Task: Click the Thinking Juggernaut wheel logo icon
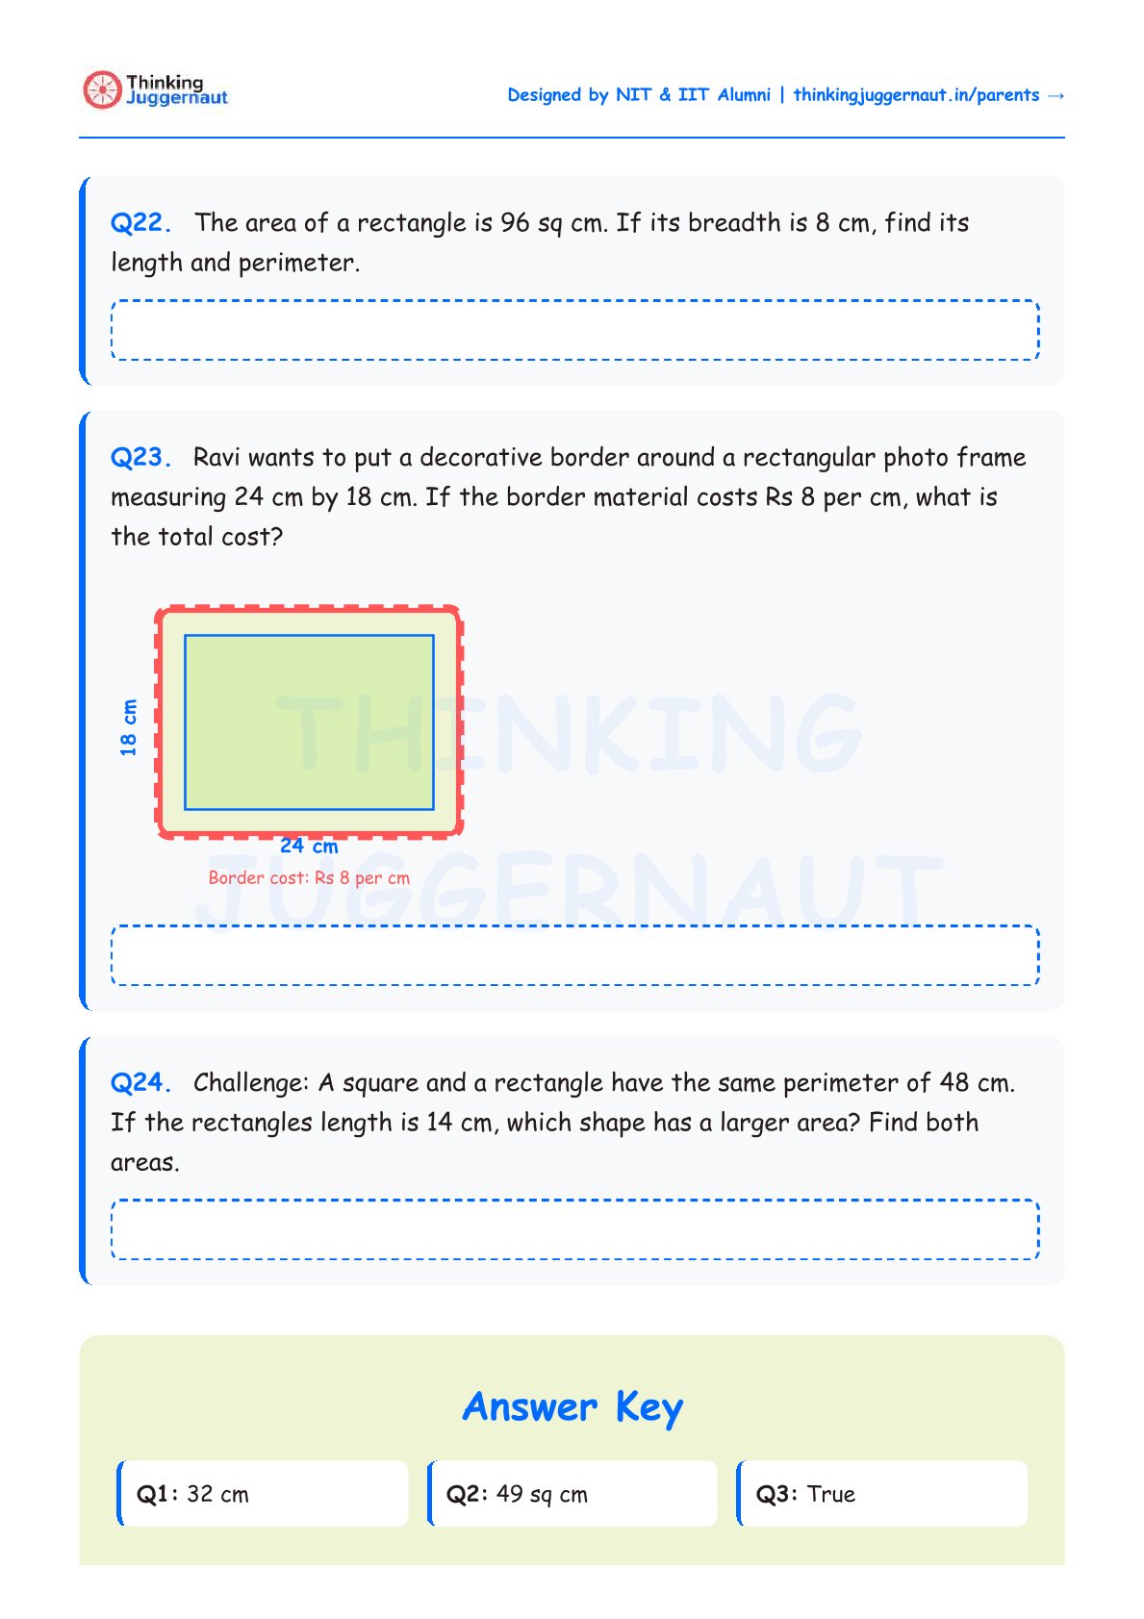pyautogui.click(x=101, y=89)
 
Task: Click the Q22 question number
pyautogui.click(x=140, y=223)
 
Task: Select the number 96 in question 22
pyautogui.click(x=515, y=223)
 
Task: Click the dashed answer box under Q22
pyautogui.click(x=574, y=330)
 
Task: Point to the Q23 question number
pyautogui.click(x=140, y=458)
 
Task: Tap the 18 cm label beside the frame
pyautogui.click(x=129, y=727)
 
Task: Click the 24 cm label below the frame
pyautogui.click(x=309, y=847)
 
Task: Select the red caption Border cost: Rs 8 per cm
pyautogui.click(x=309, y=878)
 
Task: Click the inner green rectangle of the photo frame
pyautogui.click(x=309, y=721)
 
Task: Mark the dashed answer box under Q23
pyautogui.click(x=574, y=955)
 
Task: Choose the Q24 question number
pyautogui.click(x=140, y=1083)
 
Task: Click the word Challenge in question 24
pyautogui.click(x=249, y=1083)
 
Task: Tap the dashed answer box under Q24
pyautogui.click(x=574, y=1229)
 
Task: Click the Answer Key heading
pyautogui.click(x=572, y=1407)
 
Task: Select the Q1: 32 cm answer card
pyautogui.click(x=263, y=1494)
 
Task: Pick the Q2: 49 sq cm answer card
pyautogui.click(x=572, y=1494)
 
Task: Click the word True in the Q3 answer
pyautogui.click(x=831, y=1494)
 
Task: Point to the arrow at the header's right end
pyautogui.click(x=1055, y=95)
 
